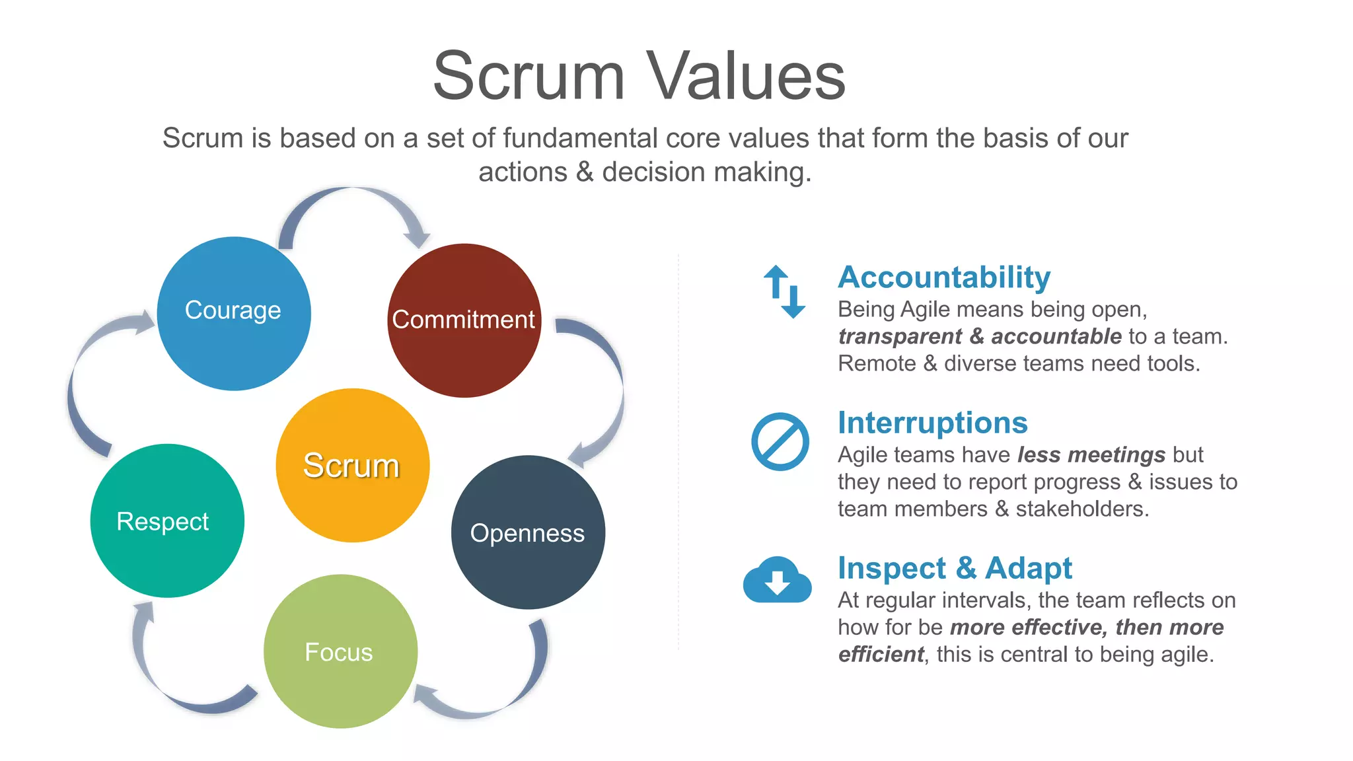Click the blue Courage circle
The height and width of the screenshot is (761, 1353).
[x=234, y=313]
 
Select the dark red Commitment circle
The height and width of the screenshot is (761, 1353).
[x=464, y=320]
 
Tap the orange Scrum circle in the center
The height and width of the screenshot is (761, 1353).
[x=352, y=465]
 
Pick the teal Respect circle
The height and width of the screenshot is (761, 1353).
[x=167, y=521]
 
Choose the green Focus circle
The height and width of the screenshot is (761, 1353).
[x=340, y=651]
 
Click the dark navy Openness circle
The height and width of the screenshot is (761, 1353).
[x=528, y=532]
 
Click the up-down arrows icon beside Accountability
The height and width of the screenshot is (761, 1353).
[x=784, y=291]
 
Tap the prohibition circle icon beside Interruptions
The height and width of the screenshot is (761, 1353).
[x=780, y=441]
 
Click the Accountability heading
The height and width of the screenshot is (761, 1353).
[x=943, y=277]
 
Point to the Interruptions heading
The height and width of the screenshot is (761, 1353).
[x=932, y=423]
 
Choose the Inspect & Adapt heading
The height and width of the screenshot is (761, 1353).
[x=954, y=568]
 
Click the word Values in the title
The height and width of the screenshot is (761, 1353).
[x=745, y=77]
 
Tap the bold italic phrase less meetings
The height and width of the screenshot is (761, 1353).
[x=1091, y=454]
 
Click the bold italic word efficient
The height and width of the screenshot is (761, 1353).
[x=880, y=654]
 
